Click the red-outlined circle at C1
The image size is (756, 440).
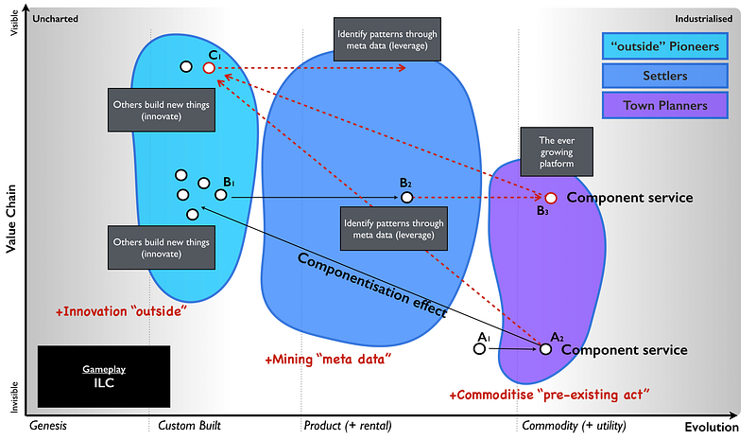[x=209, y=67]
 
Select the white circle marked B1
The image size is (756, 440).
[x=221, y=194]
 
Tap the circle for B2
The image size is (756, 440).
[x=407, y=197]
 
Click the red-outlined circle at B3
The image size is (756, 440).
[x=551, y=198]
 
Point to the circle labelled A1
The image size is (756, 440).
[x=480, y=349]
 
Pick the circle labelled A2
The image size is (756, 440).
[x=545, y=349]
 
